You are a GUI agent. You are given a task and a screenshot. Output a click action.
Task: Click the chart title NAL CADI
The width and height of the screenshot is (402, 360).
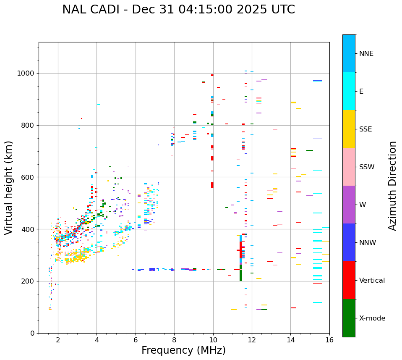178,10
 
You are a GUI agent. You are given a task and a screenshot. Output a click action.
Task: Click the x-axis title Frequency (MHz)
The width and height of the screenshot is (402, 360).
183,350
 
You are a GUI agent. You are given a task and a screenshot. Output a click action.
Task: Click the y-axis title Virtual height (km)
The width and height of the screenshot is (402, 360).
9,188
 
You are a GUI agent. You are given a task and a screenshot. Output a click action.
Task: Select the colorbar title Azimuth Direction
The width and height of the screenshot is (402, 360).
392,186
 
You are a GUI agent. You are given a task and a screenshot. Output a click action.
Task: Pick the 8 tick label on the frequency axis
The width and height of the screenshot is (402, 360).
174,339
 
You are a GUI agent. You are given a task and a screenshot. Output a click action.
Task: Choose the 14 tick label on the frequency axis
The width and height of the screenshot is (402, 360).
290,339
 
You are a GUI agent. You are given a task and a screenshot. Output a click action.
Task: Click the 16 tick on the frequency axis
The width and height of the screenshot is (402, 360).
329,339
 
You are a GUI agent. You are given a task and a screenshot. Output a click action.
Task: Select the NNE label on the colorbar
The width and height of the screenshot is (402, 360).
366,54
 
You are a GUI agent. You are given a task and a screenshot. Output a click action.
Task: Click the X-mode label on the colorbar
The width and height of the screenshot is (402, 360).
372,318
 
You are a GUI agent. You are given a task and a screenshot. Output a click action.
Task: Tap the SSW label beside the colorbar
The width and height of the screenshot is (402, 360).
367,167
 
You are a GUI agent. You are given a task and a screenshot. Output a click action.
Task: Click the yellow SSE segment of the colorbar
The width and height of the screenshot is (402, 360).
349,129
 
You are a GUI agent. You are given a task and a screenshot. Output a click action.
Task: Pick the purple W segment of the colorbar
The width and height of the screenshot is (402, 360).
349,205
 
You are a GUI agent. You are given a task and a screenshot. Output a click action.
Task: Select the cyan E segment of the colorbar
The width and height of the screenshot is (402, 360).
349,91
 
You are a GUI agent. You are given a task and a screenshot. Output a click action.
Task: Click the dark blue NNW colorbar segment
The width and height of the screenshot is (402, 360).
349,242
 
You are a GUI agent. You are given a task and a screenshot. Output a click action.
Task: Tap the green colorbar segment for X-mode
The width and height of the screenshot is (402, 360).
349,318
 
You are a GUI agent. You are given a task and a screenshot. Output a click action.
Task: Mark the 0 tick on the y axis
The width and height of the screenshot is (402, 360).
34,333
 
